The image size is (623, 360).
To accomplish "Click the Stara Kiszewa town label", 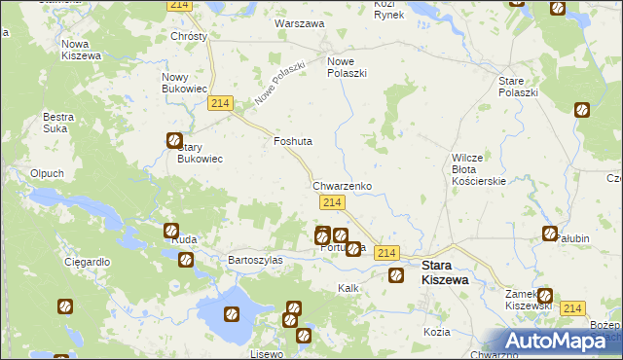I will point(445,271).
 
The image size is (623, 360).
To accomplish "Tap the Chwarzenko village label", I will point(341,185).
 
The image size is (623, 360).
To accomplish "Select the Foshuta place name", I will point(292,141).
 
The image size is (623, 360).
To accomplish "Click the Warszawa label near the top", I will point(299,22).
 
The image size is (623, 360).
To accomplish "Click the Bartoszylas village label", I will point(255,261).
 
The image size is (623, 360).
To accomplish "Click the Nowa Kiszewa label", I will point(82,50).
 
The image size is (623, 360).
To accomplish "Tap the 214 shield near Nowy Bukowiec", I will point(220,104).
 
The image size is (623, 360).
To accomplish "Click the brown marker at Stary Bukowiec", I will point(174,140).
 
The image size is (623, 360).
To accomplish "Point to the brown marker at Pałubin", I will point(550,233).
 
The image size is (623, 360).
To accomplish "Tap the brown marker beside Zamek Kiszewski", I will point(544,296).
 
